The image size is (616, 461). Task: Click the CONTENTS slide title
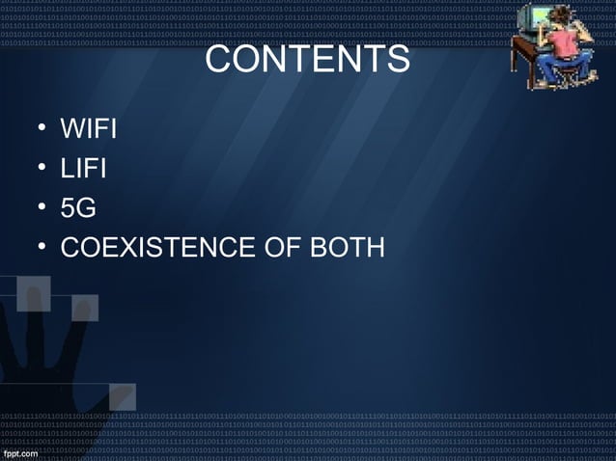(x=307, y=60)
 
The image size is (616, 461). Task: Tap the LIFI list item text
(x=83, y=169)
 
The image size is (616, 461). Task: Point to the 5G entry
(x=78, y=208)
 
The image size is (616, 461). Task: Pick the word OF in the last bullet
(x=283, y=248)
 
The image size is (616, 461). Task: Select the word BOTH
(x=348, y=248)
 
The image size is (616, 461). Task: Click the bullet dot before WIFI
(x=42, y=128)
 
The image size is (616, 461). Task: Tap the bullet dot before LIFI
(x=42, y=169)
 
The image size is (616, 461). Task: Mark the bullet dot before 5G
(x=42, y=208)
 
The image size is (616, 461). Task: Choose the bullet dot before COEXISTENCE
(x=42, y=248)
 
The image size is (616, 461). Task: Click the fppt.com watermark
(x=20, y=452)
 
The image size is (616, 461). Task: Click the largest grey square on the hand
(x=34, y=293)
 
